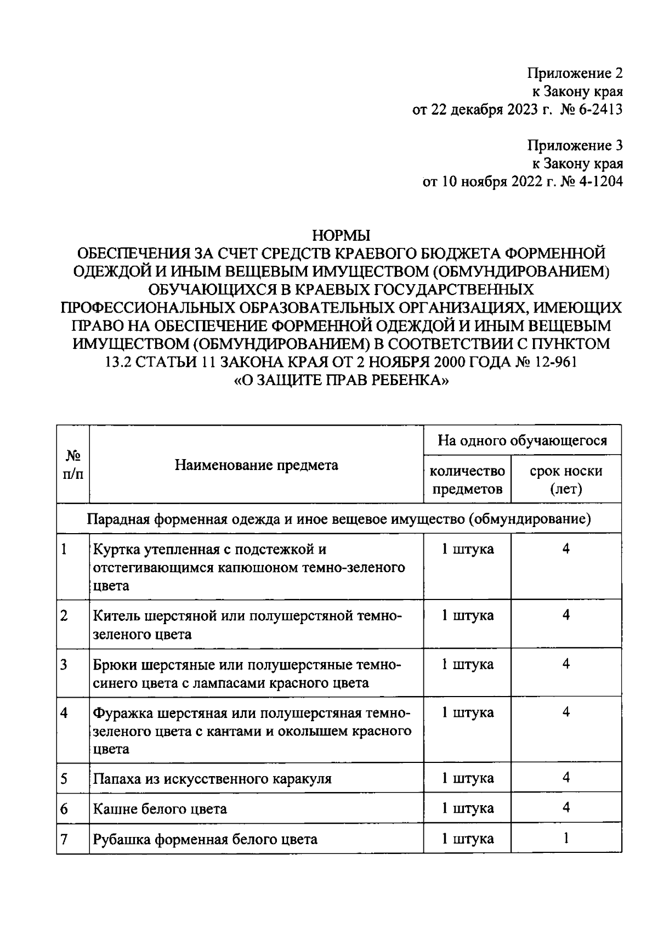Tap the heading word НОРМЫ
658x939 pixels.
(x=341, y=236)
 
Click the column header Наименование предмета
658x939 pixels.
(x=256, y=466)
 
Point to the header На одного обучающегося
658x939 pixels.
(x=522, y=440)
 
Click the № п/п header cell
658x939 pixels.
(x=73, y=466)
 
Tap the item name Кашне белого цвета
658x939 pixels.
(x=160, y=809)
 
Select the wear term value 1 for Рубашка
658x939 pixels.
(x=566, y=839)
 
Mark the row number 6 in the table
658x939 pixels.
(x=64, y=809)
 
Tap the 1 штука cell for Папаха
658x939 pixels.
(x=467, y=779)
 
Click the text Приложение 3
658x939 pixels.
(x=575, y=146)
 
